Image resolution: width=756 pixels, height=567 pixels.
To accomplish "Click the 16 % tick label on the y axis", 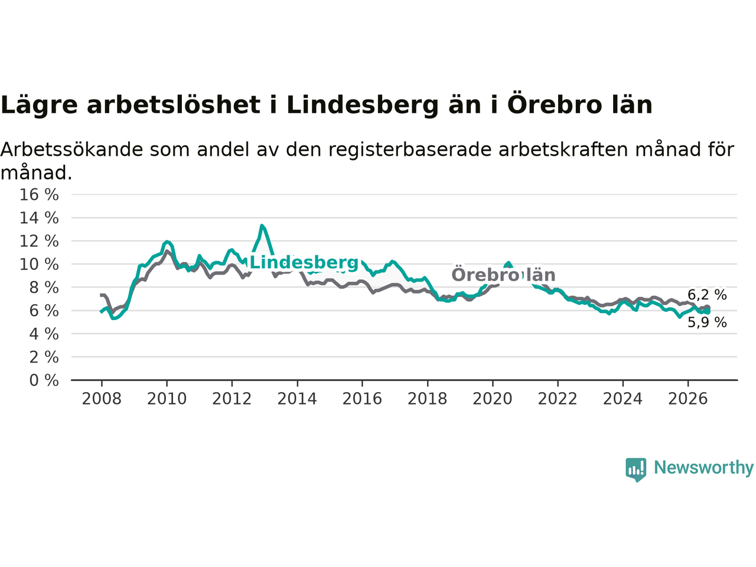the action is coord(39,195).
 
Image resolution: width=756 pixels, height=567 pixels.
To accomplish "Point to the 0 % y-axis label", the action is coord(44,381).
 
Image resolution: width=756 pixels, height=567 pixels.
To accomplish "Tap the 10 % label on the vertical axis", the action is coord(39,265).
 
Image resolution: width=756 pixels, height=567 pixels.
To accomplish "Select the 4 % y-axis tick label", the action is coord(44,334).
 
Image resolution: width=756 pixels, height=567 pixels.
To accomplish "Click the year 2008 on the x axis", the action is coord(102,399).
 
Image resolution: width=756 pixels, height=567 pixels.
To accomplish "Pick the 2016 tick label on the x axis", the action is coord(362,399).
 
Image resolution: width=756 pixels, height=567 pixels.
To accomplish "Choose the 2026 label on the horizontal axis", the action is coord(688,399).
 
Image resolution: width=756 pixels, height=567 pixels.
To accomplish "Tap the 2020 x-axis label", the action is coord(493,399).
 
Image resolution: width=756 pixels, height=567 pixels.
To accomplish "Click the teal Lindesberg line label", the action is coord(304,263).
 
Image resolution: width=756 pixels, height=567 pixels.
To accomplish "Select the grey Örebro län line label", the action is coord(503,275).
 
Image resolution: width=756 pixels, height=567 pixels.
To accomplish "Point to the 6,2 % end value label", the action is coord(707,295).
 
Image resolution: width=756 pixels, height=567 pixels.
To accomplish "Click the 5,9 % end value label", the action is coord(707,322).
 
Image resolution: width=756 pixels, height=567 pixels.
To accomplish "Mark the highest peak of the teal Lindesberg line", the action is coord(262,226).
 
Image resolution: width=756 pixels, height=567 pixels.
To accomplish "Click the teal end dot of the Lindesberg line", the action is coord(707,312).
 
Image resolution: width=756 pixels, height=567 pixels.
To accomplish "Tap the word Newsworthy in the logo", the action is coord(703,468).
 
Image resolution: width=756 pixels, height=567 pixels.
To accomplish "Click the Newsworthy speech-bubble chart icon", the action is coord(636,470).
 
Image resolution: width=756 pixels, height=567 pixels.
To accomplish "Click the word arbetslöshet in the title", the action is coord(174,105).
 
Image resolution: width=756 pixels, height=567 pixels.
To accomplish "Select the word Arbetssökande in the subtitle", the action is coord(71,149).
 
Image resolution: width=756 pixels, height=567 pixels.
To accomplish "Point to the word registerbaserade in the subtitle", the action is coord(409,151).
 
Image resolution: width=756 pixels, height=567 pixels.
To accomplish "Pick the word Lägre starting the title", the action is coord(39,106).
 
